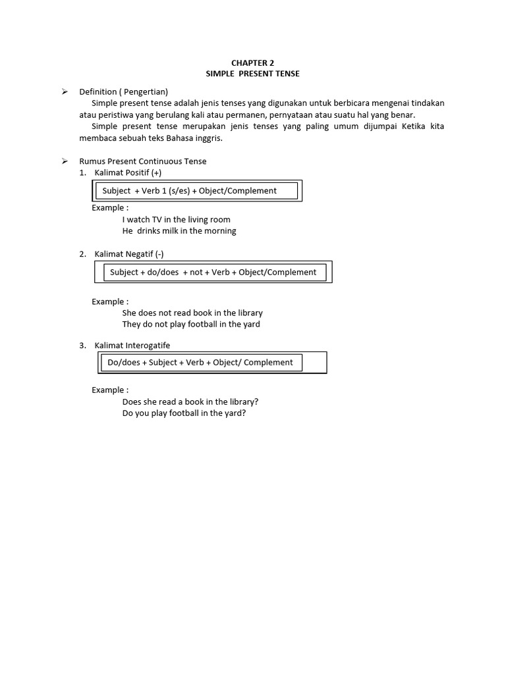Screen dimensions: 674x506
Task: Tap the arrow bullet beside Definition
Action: [65, 91]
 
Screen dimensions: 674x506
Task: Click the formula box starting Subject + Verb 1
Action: [196, 191]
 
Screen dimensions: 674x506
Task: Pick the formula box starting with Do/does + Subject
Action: [200, 362]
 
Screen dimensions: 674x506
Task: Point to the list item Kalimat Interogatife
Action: [132, 346]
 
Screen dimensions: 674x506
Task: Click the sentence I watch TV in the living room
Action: [177, 220]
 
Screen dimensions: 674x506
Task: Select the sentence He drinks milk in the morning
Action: [179, 231]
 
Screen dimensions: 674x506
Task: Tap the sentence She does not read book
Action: [192, 313]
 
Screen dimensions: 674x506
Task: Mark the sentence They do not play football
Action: [191, 324]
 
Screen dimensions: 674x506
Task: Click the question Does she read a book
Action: [190, 402]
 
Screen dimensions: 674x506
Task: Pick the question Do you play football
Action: [184, 413]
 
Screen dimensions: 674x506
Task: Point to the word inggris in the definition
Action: [210, 138]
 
